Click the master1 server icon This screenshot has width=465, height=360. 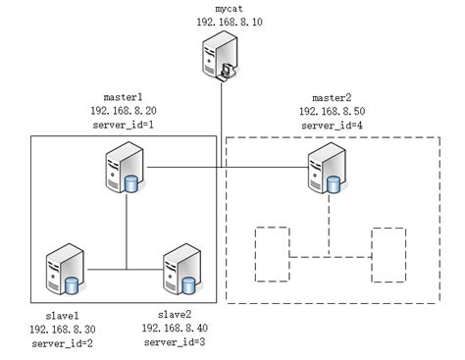pyautogui.click(x=125, y=169)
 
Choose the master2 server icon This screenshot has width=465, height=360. pyautogui.click(x=325, y=169)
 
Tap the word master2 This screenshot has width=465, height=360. pyautogui.click(x=331, y=98)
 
